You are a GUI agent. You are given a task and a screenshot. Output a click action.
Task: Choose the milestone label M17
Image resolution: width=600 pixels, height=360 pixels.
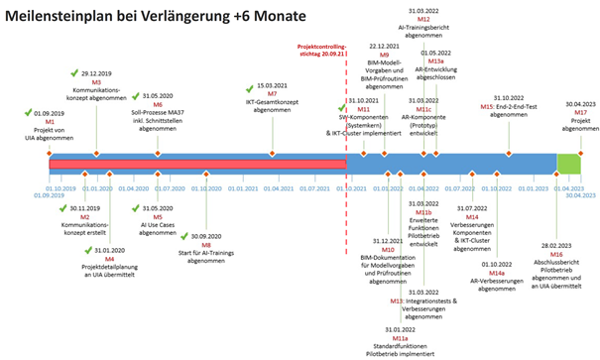pyautogui.click(x=581, y=112)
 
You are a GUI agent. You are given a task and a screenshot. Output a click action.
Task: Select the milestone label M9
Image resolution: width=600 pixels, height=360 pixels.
pyautogui.click(x=383, y=54)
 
